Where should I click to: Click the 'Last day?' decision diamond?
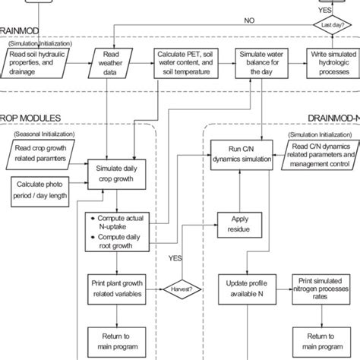pos(333,25)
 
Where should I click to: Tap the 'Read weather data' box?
pos(112,65)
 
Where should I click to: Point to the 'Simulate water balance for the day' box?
pos(261,65)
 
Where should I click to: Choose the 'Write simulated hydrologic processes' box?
pos(332,65)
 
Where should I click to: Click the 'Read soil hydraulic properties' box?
pos(38,65)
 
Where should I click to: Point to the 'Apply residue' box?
pos(239,223)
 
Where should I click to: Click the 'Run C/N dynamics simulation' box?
pos(239,152)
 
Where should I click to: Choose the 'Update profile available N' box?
pos(239,289)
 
